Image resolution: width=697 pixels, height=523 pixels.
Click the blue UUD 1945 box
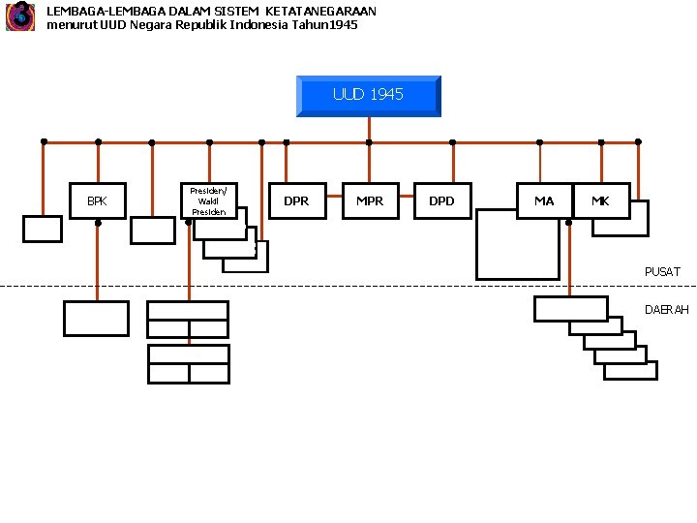[368, 95]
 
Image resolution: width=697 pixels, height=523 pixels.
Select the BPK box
[97, 201]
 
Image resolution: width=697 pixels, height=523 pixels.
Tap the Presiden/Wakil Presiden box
[209, 200]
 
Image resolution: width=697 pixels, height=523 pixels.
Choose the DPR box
[296, 200]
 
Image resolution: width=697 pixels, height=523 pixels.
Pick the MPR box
[369, 200]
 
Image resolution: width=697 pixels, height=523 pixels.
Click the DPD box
[441, 200]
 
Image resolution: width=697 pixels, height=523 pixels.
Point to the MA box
[544, 200]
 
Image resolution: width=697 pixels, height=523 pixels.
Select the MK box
[601, 200]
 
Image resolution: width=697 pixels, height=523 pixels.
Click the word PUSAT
[662, 272]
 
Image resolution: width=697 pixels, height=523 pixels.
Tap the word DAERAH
[666, 310]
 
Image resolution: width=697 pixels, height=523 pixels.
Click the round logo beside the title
[19, 16]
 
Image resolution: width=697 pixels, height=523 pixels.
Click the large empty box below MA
[517, 248]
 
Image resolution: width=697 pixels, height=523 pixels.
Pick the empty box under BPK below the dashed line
[96, 318]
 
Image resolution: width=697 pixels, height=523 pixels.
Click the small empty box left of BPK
[43, 228]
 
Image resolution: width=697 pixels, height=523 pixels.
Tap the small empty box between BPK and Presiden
[151, 229]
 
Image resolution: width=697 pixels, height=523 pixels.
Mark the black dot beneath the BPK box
[98, 223]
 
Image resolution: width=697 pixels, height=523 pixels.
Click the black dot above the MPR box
[369, 142]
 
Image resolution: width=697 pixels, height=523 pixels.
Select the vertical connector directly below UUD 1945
[369, 129]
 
